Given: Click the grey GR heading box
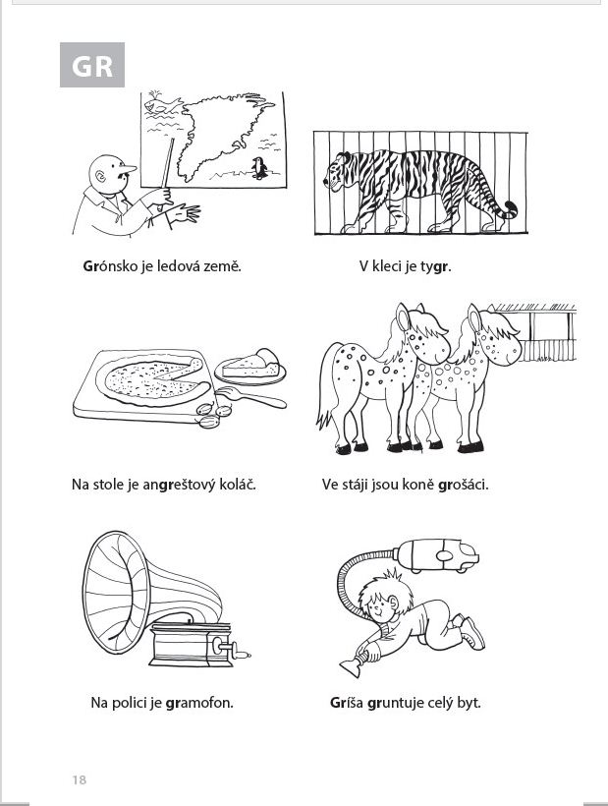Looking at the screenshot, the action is point(92,65).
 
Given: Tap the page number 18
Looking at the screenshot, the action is point(80,779).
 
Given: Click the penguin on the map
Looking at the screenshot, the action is point(259,168).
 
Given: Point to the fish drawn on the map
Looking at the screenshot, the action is point(162,105).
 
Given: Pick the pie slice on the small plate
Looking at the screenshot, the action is point(251,364).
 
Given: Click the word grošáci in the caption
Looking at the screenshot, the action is point(463,485).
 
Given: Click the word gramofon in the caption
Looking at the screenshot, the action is point(199,703).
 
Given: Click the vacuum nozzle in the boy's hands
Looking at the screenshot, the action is point(354,665).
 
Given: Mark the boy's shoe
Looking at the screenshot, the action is point(471,633).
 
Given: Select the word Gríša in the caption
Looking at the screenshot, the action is point(347,703).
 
